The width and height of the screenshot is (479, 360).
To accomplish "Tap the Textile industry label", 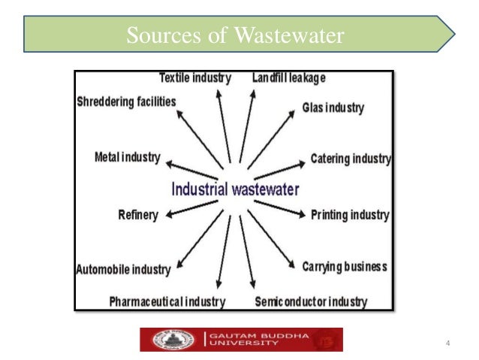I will click(195, 77).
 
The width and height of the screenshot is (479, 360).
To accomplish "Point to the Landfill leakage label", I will click(289, 77).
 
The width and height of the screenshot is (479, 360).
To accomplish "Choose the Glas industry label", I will click(333, 107).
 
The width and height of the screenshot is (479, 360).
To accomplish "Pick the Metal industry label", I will click(128, 158).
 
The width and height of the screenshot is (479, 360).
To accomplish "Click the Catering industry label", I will click(351, 159).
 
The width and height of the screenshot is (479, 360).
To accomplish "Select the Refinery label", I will click(138, 215).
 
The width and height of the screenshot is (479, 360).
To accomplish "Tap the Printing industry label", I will click(350, 215).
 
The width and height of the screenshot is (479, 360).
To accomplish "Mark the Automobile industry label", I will click(123, 269).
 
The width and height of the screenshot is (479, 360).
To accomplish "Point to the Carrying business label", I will click(345, 267).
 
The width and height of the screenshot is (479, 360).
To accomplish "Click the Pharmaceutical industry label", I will click(167, 302).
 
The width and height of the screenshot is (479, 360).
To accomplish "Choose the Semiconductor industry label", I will click(311, 302).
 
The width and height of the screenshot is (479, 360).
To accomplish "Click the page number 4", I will click(447, 345).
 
